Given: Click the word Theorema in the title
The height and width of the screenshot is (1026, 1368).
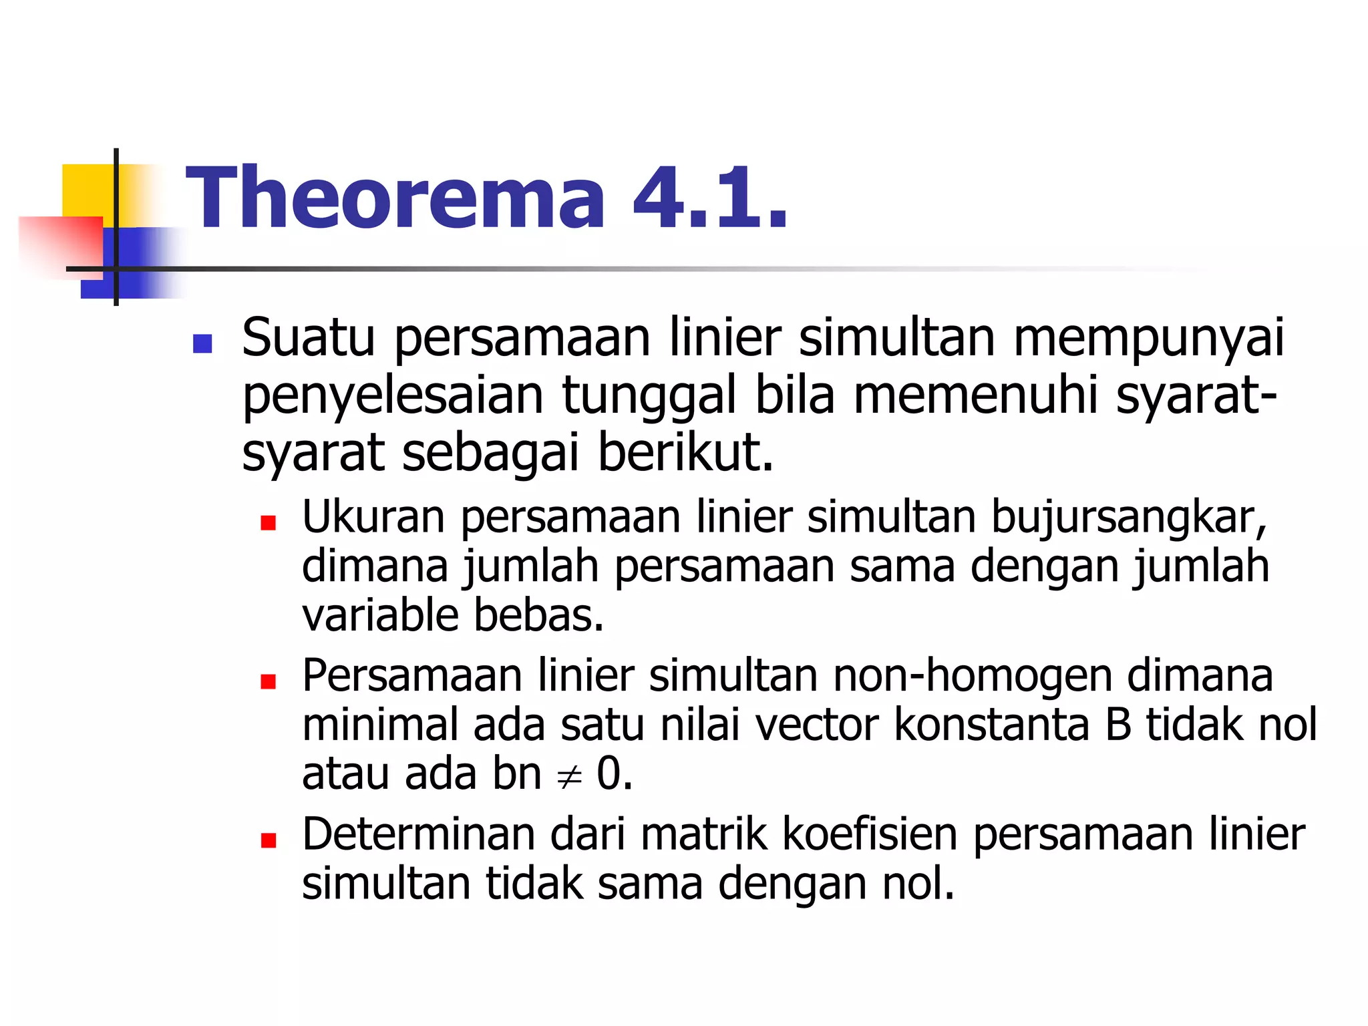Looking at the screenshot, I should (x=395, y=198).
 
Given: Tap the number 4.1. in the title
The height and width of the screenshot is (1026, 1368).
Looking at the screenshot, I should (x=710, y=198).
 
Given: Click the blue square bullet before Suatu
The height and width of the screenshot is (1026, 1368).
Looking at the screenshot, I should (x=202, y=343).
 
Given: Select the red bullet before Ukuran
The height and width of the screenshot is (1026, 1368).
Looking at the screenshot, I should (x=269, y=522).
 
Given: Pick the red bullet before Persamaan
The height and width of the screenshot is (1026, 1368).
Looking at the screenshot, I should (x=269, y=681).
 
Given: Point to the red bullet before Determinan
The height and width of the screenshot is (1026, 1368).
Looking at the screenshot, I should (x=269, y=840).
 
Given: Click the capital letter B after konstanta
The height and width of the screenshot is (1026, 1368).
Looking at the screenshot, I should (x=1118, y=725).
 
